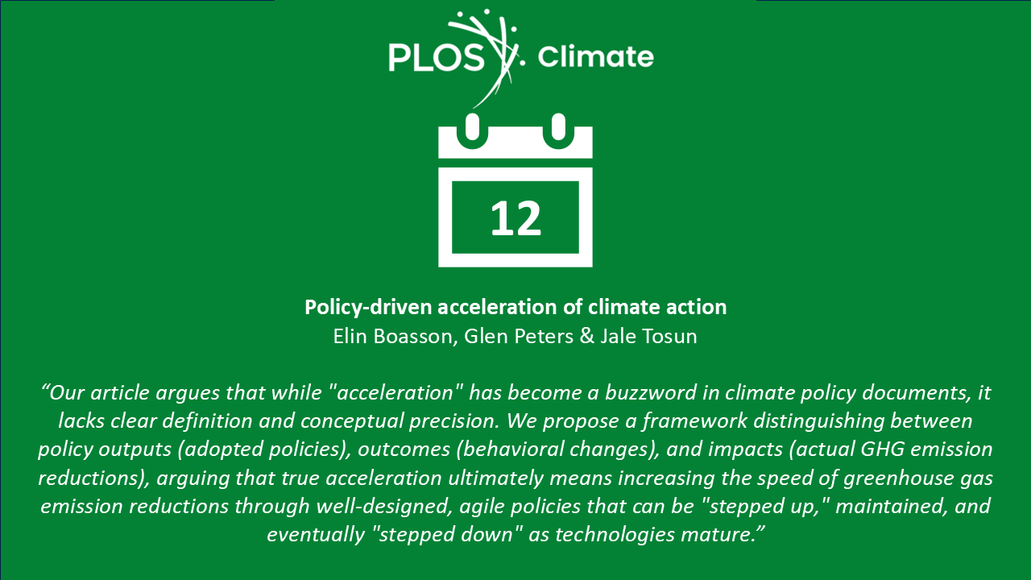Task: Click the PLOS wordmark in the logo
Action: click(x=437, y=57)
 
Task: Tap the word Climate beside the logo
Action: click(x=595, y=56)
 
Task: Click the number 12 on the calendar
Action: click(x=515, y=218)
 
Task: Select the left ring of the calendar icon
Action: click(x=472, y=131)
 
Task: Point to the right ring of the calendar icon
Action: click(x=558, y=131)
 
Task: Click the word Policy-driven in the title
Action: click(x=368, y=308)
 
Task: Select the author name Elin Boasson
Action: click(x=392, y=336)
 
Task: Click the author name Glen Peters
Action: click(x=518, y=336)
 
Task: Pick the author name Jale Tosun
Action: click(x=648, y=336)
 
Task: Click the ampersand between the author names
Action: click(x=587, y=336)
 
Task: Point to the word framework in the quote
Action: click(x=694, y=421)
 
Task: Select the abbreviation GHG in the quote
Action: click(x=882, y=449)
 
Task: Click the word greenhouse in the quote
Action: click(x=897, y=478)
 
